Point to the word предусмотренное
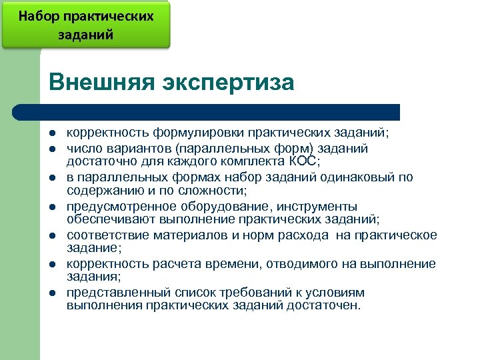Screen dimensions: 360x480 pyautogui.click(x=115, y=206)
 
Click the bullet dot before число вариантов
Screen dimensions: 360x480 pyautogui.click(x=53, y=148)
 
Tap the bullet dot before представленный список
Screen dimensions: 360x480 pyautogui.click(x=53, y=293)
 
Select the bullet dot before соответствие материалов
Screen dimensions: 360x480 pyautogui.click(x=53, y=235)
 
